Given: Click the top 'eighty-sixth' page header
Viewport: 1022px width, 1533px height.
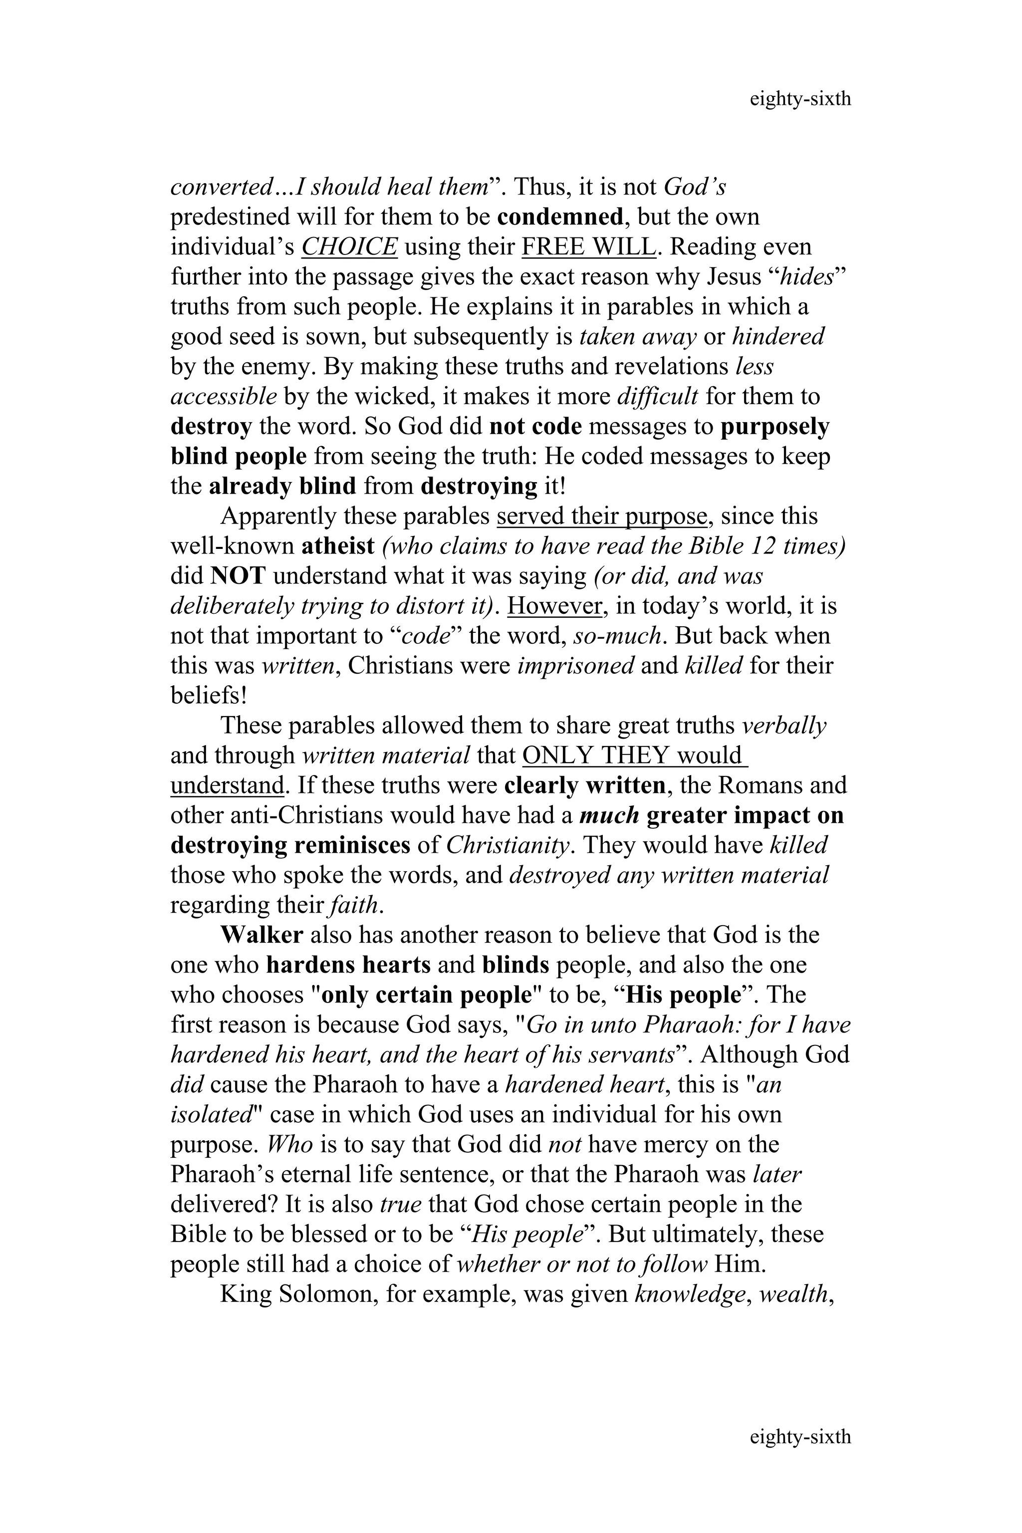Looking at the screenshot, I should pyautogui.click(x=800, y=99).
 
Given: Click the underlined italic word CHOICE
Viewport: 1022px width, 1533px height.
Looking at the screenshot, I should pyautogui.click(x=349, y=247).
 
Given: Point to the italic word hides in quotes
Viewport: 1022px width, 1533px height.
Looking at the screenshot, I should pyautogui.click(x=807, y=277).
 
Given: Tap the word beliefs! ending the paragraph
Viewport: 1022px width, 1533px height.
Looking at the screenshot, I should pyautogui.click(x=209, y=696).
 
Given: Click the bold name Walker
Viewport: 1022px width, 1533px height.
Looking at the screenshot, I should pyautogui.click(x=261, y=935).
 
